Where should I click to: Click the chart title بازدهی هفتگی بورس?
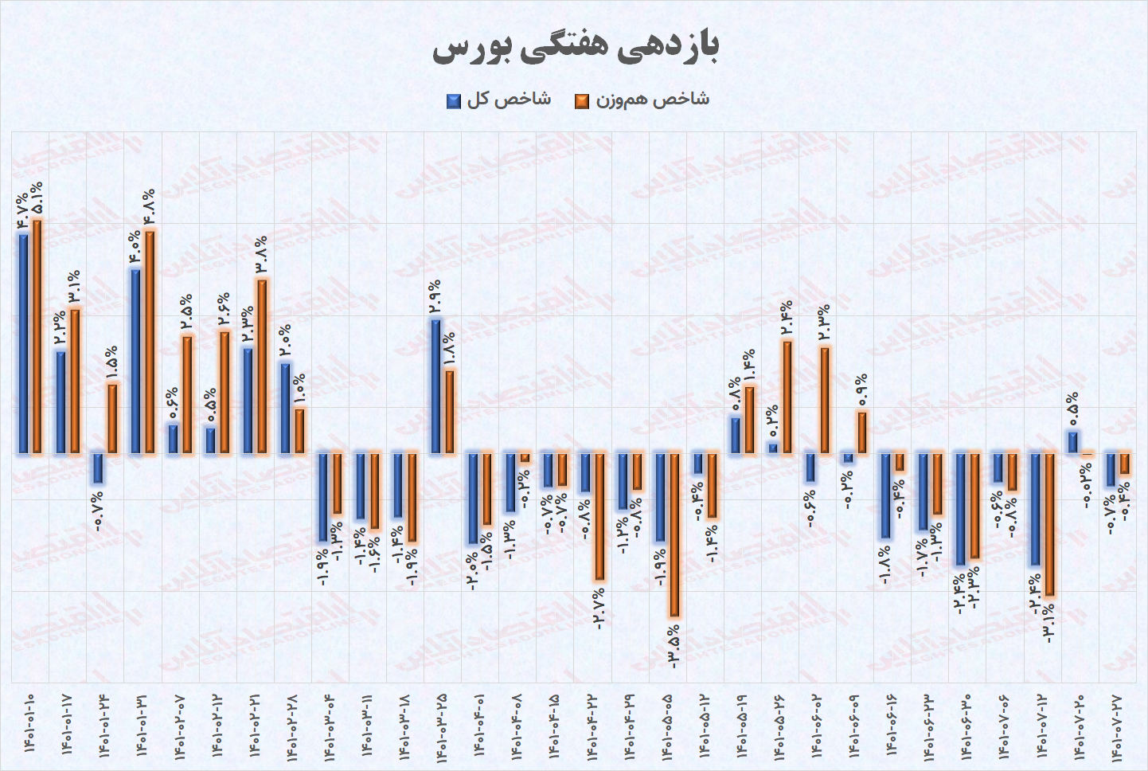coord(575,48)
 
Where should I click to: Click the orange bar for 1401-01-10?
coord(37,336)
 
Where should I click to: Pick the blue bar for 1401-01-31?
coord(136,362)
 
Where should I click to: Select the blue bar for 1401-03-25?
coord(436,386)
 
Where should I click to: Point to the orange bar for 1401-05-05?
coord(674,534)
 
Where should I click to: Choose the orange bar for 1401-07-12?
coord(1049,525)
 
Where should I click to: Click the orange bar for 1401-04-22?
coord(599,517)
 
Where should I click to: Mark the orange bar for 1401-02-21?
coord(262,366)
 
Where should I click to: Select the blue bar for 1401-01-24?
coord(98,468)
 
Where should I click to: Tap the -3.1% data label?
coord(1049,623)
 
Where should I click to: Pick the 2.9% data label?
coord(435,296)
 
